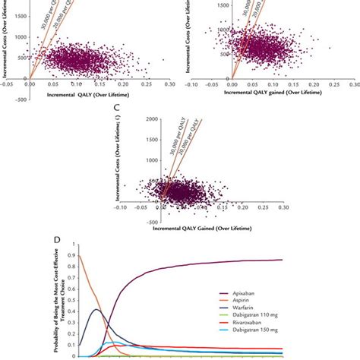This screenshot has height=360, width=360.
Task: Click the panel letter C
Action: point(114,110)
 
